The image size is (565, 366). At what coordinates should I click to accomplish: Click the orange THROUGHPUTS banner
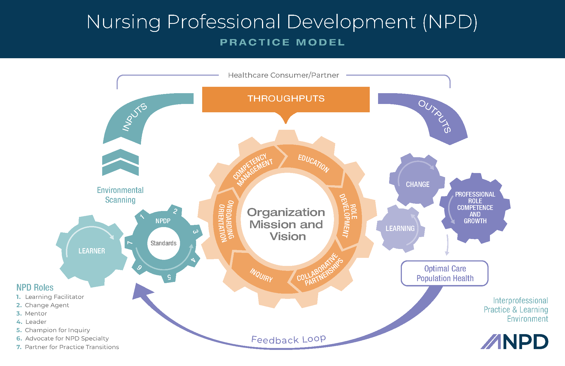coord(286,99)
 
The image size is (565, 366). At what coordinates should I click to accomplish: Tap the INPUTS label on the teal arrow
coord(135,117)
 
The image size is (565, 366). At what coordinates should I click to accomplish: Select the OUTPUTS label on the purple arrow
coord(435,116)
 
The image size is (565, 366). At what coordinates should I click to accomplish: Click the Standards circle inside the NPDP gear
coord(163,243)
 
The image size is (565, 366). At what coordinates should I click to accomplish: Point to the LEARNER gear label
coord(92,251)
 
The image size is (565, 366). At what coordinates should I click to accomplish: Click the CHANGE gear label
coord(418,184)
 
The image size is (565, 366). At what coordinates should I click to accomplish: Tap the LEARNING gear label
coord(400,228)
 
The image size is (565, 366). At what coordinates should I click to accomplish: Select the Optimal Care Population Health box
coord(445,273)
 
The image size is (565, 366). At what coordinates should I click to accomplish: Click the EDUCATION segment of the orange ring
coord(314,164)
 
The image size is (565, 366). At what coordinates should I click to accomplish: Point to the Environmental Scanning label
coord(120,195)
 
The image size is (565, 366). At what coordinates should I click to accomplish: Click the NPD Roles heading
coord(35,287)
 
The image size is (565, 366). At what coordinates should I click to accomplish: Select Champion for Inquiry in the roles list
coord(57,330)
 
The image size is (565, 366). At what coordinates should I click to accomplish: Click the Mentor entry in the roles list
coord(36,314)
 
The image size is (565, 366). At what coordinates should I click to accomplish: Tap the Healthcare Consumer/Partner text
coord(283,75)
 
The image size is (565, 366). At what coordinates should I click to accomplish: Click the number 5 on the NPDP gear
coord(169,277)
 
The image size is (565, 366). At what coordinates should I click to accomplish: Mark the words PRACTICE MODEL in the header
coord(282,42)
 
